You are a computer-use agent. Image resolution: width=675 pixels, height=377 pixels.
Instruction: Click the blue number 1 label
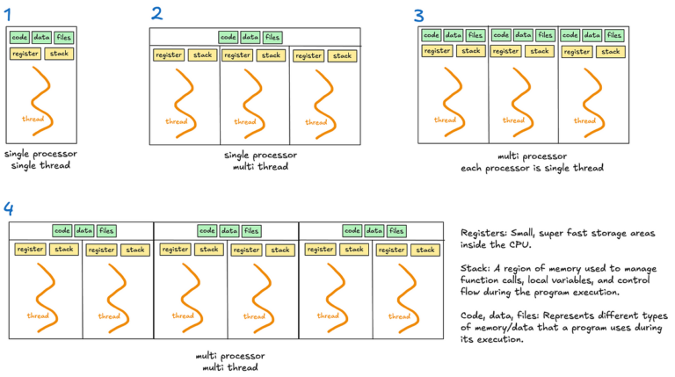pos(9,14)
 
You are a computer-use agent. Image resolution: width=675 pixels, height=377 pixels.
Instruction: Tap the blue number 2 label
pos(156,13)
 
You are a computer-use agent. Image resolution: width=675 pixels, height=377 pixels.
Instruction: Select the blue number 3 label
pos(418,15)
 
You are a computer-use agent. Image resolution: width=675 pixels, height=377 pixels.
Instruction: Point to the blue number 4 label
pos(9,208)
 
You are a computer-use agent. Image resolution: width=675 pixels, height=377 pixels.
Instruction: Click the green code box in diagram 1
pos(19,37)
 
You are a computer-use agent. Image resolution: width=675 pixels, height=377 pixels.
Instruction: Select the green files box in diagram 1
pos(64,37)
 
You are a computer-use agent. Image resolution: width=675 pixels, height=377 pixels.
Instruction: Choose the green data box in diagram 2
pos(250,37)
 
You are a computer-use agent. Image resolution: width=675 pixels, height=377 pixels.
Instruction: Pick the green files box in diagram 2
pos(272,37)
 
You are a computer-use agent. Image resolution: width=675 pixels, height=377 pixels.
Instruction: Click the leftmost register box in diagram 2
pos(168,55)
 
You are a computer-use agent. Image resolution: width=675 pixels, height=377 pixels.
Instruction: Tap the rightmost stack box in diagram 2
pos(343,55)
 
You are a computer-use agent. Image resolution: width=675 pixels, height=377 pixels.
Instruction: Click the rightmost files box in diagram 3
pos(613,35)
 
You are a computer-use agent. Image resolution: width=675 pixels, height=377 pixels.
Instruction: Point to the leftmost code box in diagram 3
pos(431,35)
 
